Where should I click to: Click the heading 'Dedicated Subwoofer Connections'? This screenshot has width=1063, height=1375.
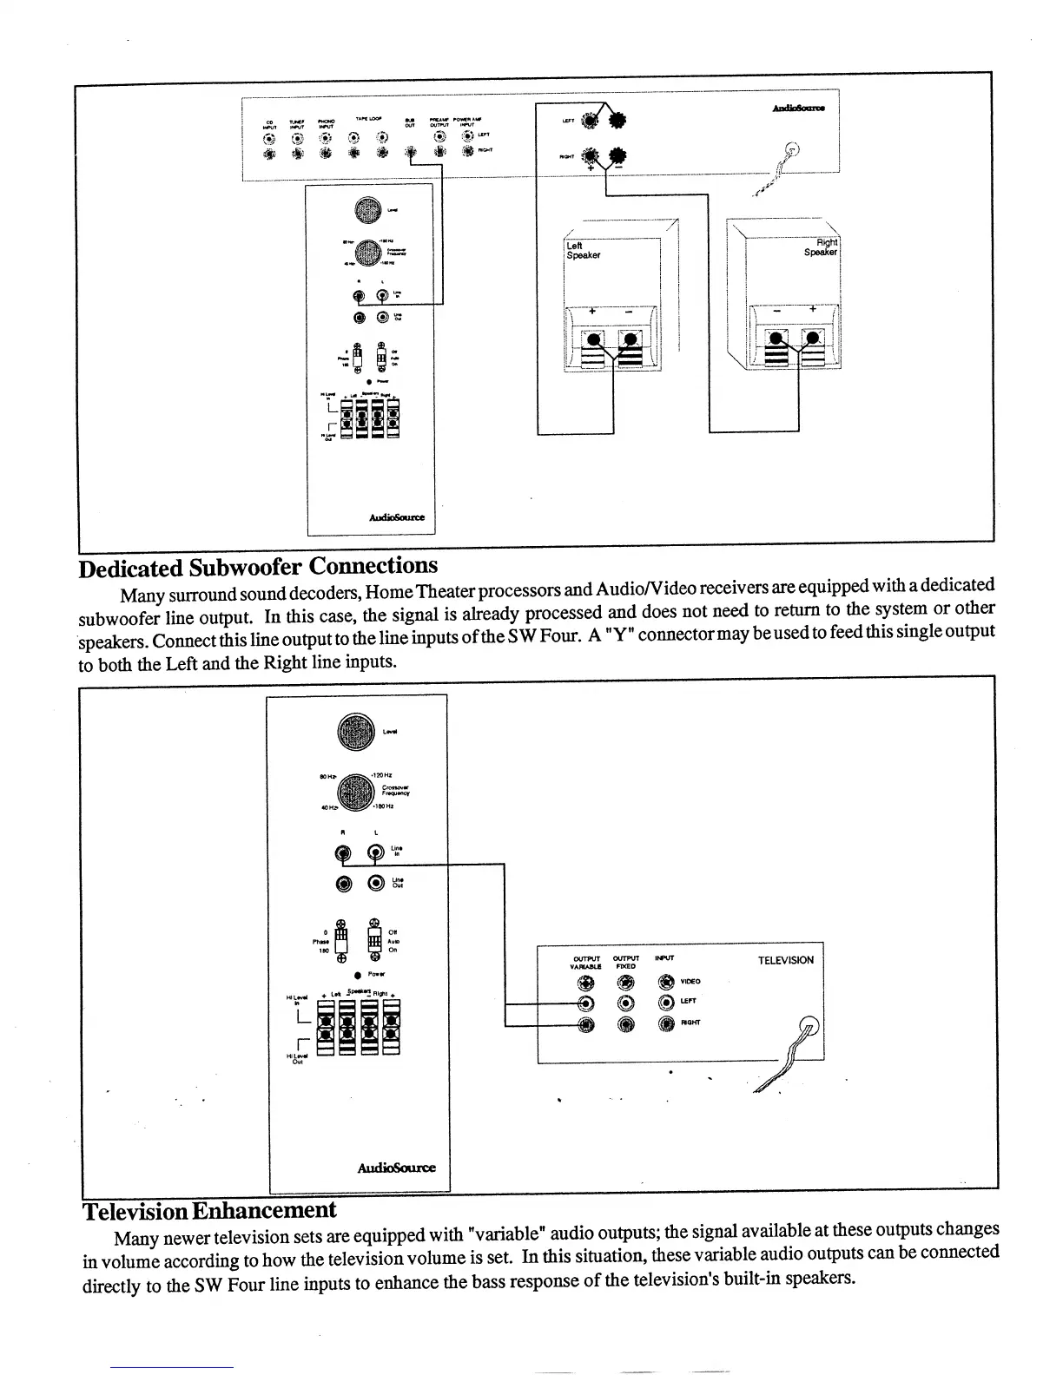tap(258, 567)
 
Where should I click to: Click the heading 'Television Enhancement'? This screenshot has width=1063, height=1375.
tap(209, 1210)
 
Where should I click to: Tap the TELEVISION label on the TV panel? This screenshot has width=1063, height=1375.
tap(785, 960)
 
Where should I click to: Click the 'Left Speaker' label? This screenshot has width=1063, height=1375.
tap(583, 251)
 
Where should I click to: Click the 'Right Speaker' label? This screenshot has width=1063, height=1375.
tap(822, 247)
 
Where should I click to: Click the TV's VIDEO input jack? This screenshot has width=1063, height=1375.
tap(666, 983)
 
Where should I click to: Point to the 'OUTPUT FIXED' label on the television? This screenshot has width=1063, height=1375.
tap(625, 962)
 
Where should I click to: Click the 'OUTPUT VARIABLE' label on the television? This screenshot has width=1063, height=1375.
tap(587, 962)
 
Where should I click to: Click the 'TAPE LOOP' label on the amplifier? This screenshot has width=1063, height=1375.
tap(365, 118)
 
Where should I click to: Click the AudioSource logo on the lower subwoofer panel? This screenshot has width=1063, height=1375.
tap(396, 1168)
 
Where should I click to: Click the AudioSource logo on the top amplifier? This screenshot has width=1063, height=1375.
tap(799, 108)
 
